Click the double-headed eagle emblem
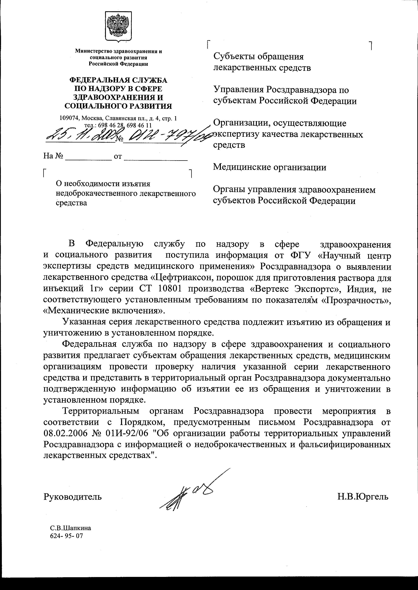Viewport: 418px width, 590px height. (118, 26)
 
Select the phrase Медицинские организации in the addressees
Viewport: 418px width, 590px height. (270, 167)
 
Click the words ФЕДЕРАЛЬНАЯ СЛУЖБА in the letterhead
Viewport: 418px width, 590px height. (118, 80)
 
